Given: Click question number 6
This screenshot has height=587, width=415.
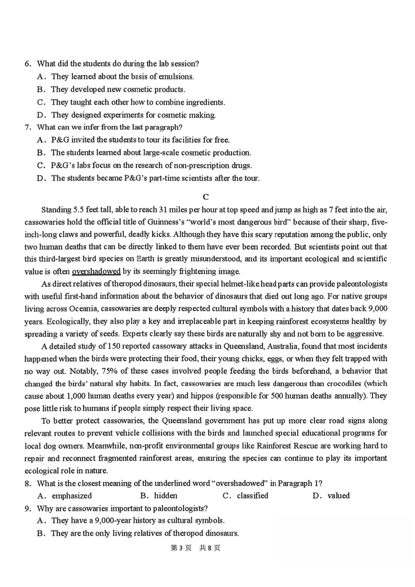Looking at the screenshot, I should click(28, 64).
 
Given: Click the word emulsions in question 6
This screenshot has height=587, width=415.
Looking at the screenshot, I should click(176, 76).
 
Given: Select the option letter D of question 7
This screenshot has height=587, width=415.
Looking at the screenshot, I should click(41, 178).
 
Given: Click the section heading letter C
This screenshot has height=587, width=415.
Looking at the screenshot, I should click(206, 197).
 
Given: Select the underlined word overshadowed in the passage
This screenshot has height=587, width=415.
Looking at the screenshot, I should click(96, 272).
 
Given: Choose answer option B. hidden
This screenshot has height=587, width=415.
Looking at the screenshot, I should click(159, 496).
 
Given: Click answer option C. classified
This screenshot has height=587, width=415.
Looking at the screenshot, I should click(246, 496).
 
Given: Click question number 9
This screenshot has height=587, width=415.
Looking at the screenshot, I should click(28, 508).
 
